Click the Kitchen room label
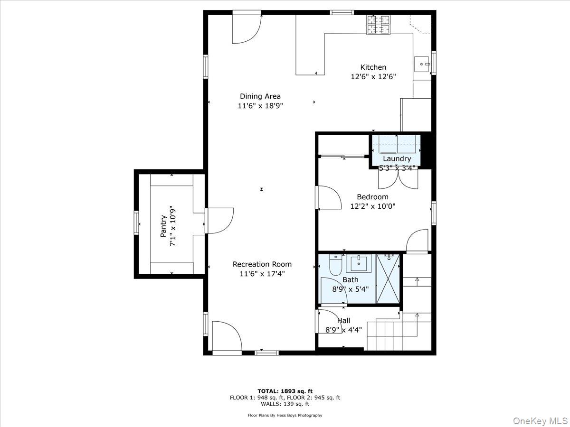coord(373,67)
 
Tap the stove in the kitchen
coord(378,25)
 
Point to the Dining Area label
coord(260,96)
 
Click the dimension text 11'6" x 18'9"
coord(260,106)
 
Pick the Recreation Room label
coord(262,264)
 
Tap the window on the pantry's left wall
coord(136,223)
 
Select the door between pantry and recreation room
coord(218,221)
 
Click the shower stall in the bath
coord(388,278)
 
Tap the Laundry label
coord(397,158)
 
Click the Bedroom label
coord(372,196)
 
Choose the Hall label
coord(343,321)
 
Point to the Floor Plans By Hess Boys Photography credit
coord(285,415)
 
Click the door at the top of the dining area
coord(246,28)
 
